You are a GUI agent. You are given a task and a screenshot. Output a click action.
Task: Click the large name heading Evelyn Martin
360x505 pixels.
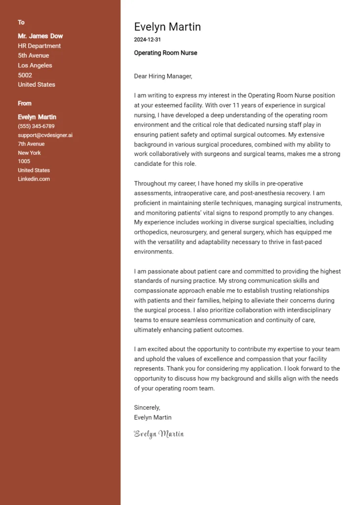coord(167,27)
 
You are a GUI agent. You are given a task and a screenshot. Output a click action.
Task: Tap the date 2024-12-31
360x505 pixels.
coord(147,39)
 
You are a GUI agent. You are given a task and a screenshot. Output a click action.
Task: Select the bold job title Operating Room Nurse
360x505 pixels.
coord(165,53)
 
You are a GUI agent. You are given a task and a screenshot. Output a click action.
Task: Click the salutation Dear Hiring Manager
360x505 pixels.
coord(163,76)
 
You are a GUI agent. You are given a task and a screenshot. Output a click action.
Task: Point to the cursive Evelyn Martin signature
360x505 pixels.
coord(159,434)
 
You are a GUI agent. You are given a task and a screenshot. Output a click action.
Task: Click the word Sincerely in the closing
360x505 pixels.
coord(147,408)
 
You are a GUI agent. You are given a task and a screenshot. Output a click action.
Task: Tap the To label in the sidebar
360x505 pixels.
coord(21,22)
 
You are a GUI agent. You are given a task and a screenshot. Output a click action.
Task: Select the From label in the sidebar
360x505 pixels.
coord(25,103)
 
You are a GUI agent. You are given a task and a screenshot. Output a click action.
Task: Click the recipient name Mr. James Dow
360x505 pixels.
coord(40,36)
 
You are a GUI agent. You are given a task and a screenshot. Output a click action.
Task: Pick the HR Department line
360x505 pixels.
coord(39,46)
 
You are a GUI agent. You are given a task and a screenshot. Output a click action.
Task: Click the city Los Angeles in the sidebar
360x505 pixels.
coord(35,65)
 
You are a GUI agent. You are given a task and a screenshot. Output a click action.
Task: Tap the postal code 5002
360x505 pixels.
coord(25,75)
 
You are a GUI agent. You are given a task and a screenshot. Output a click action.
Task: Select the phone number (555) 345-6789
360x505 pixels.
coord(36,126)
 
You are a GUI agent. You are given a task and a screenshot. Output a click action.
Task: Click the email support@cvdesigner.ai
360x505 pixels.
coord(45,135)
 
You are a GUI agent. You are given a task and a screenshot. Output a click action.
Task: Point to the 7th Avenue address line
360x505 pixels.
coord(31,144)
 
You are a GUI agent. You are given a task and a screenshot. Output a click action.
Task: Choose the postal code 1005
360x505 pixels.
coord(24,161)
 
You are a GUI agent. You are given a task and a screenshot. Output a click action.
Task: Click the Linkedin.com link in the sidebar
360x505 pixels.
coord(34,179)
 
